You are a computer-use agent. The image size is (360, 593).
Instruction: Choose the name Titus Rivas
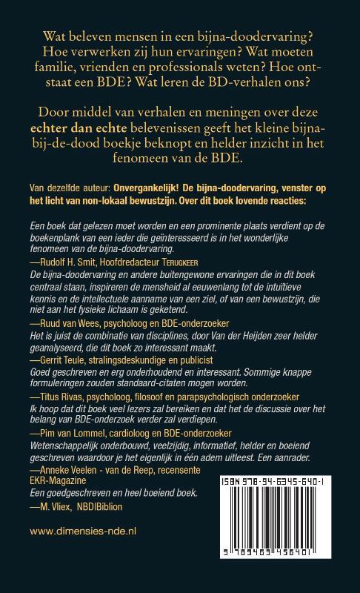click(59, 417)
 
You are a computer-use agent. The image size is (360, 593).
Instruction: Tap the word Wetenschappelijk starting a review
click(70, 463)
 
